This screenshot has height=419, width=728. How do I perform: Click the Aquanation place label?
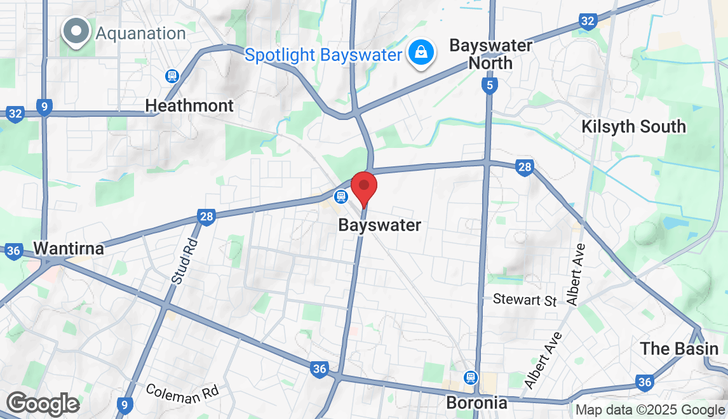[x=140, y=33]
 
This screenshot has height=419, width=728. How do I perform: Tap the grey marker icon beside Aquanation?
[x=76, y=31]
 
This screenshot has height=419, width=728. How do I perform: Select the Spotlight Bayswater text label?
[x=323, y=55]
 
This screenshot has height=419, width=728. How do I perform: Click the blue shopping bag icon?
[x=421, y=53]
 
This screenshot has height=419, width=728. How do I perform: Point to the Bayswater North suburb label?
[x=490, y=54]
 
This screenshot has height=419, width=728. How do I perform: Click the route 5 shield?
[x=489, y=85]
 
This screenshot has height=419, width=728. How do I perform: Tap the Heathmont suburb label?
[x=189, y=105]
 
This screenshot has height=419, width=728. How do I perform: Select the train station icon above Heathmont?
[x=171, y=77]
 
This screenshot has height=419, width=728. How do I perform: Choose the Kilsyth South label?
[x=633, y=126]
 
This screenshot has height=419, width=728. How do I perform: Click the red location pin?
[x=364, y=187]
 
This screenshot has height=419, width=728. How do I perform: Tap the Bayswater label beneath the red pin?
[x=379, y=225]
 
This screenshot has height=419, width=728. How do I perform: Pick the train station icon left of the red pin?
[x=341, y=197]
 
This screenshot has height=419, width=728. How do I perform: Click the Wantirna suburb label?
[x=69, y=248]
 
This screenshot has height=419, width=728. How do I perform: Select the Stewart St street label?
[x=525, y=300]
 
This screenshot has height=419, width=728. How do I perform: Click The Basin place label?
[x=679, y=349]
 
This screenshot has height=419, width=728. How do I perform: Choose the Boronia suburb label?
[x=477, y=402]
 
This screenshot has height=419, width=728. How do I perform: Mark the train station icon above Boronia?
[x=470, y=377]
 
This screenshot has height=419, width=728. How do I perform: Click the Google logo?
[x=43, y=404]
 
